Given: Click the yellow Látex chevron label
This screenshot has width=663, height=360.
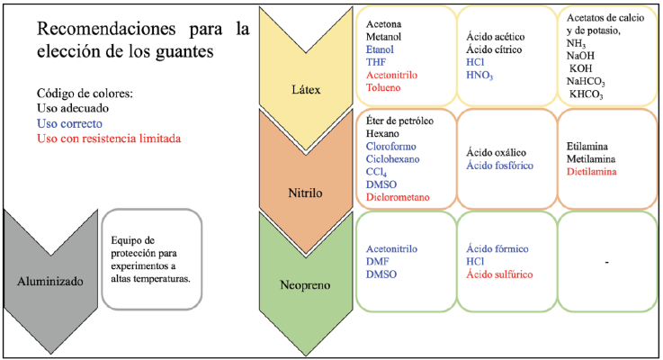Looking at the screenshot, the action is pyautogui.click(x=306, y=90).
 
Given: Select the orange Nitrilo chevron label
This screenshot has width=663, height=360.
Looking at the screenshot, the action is pyautogui.click(x=305, y=193).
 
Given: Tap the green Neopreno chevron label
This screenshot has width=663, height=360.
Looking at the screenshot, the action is pyautogui.click(x=305, y=285).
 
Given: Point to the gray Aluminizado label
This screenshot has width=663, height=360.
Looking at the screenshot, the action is pyautogui.click(x=49, y=282).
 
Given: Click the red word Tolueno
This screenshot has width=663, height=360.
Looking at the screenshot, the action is pyautogui.click(x=383, y=87).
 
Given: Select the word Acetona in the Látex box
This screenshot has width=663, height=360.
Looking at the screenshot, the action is pyautogui.click(x=383, y=24).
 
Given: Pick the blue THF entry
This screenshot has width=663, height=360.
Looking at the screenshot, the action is pyautogui.click(x=376, y=62).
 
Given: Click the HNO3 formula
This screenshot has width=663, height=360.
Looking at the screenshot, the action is pyautogui.click(x=479, y=76).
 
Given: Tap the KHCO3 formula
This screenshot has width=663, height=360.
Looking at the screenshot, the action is pyautogui.click(x=586, y=94).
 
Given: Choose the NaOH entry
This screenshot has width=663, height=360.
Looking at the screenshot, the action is pyautogui.click(x=580, y=56).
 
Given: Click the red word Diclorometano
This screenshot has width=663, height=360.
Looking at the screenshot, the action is pyautogui.click(x=398, y=197).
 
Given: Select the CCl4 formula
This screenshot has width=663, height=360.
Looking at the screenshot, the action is pyautogui.click(x=376, y=173).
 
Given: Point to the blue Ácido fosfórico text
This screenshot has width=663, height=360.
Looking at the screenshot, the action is pyautogui.click(x=499, y=166).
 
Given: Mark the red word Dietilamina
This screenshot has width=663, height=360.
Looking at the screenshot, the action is pyautogui.click(x=592, y=172).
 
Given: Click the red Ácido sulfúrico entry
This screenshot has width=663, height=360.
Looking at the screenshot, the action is pyautogui.click(x=499, y=274).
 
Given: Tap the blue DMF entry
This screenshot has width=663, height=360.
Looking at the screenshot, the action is pyautogui.click(x=377, y=261).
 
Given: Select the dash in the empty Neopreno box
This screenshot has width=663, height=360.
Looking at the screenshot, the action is pyautogui.click(x=606, y=263).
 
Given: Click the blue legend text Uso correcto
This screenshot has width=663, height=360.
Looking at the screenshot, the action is pyautogui.click(x=69, y=123).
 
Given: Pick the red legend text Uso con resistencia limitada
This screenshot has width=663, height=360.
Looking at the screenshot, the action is pyautogui.click(x=109, y=139).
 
